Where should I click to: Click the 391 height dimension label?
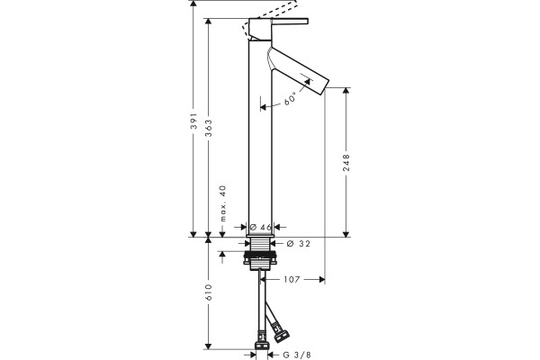coord(193,121)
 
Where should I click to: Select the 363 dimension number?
coord(209,128)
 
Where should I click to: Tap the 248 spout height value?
coord(346,162)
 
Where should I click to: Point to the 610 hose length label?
coord(209,292)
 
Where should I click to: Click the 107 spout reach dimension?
coord(292,279)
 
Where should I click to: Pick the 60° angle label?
coord(290,98)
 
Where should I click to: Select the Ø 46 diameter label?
coord(261,227)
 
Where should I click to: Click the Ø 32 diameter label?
coord(298,244)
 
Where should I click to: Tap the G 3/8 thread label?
coord(297,355)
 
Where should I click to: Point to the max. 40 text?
coord(223,203)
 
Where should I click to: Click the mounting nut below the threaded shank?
coord(260,258)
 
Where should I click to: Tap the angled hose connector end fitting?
coord(281,334)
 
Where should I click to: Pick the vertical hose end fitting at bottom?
coord(262,342)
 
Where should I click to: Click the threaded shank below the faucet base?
coord(260,245)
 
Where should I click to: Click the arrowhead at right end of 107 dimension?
coord(322,279)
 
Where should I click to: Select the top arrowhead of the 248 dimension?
coord(346,91)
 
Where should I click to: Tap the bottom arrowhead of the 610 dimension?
coord(208,346)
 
